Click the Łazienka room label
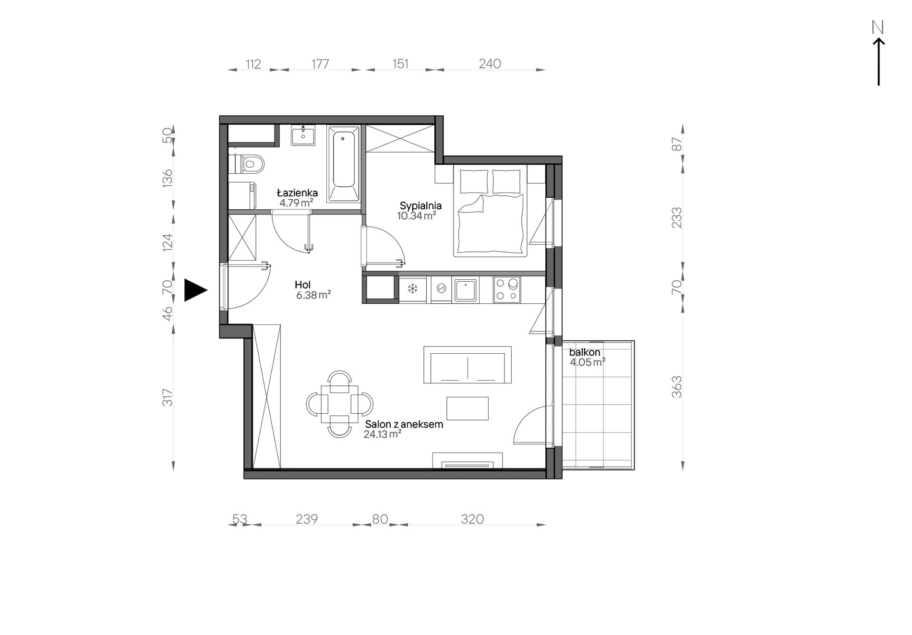[297, 193]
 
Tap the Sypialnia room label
[420, 206]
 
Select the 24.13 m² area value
[383, 434]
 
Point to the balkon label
[585, 352]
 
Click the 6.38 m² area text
[313, 295]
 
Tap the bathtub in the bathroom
[343, 164]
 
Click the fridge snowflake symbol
[412, 289]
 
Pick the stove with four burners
[507, 289]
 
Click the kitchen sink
[465, 290]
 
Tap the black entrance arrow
[195, 290]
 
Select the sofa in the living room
[468, 365]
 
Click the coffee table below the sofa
[468, 408]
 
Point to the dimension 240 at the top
[490, 64]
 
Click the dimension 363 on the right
[677, 387]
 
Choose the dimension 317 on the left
[167, 397]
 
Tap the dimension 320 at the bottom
[472, 519]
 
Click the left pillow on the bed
[474, 181]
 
